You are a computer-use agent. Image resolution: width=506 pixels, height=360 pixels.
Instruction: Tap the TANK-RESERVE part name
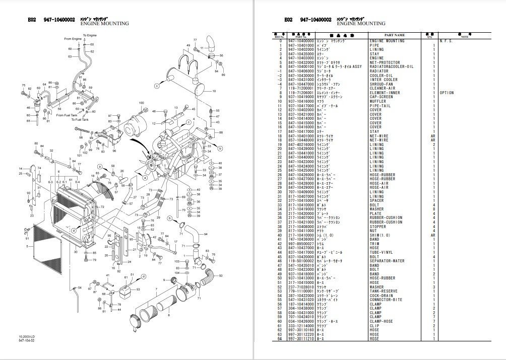click(383, 291)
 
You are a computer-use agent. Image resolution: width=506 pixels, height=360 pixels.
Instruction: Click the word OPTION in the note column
click(447, 93)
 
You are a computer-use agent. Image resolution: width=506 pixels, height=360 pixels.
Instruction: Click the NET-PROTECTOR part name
click(385, 62)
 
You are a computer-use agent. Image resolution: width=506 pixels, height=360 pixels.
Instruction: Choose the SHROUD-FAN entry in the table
click(382, 84)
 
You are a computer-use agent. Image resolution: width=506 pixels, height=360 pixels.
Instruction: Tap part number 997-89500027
click(301, 243)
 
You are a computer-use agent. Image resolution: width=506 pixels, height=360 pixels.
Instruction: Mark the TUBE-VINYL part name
click(382, 252)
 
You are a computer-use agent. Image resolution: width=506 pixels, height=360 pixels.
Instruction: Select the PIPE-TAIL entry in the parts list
click(380, 105)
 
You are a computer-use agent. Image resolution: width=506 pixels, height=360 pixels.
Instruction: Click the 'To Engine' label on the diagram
click(89, 36)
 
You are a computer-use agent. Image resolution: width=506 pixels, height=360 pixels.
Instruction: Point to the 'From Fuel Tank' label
click(68, 115)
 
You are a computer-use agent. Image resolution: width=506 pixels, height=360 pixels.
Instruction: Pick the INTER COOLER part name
click(384, 80)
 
